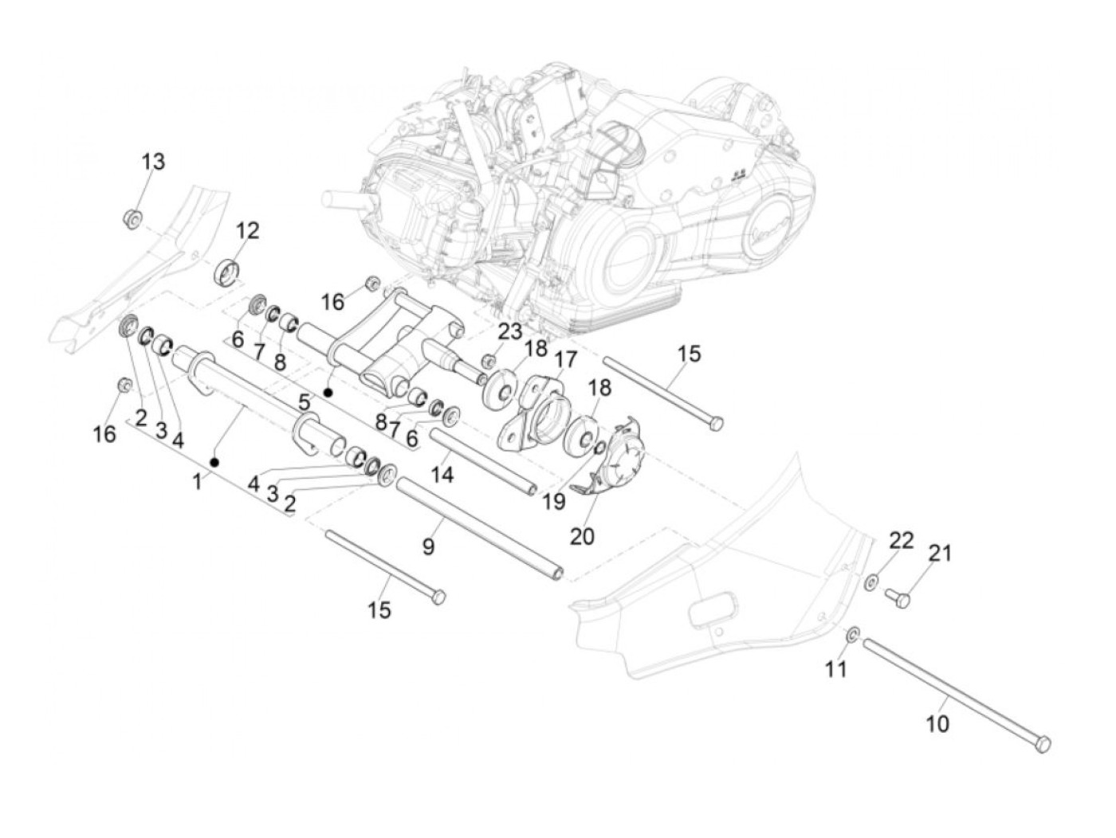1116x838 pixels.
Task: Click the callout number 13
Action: pos(153,162)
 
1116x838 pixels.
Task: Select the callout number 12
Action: pos(247,231)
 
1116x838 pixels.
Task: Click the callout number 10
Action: pos(938,724)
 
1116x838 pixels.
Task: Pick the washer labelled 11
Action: pos(852,634)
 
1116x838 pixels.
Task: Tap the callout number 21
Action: pos(941,552)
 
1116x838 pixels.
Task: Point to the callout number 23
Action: pos(510,331)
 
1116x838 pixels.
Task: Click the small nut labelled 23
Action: pos(489,361)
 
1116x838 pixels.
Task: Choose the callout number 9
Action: pos(428,546)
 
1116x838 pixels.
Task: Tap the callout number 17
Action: pos(566,360)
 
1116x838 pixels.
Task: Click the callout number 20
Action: pos(582,535)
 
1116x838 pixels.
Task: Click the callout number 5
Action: pos(304,402)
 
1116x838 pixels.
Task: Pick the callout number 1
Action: pos(197,481)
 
